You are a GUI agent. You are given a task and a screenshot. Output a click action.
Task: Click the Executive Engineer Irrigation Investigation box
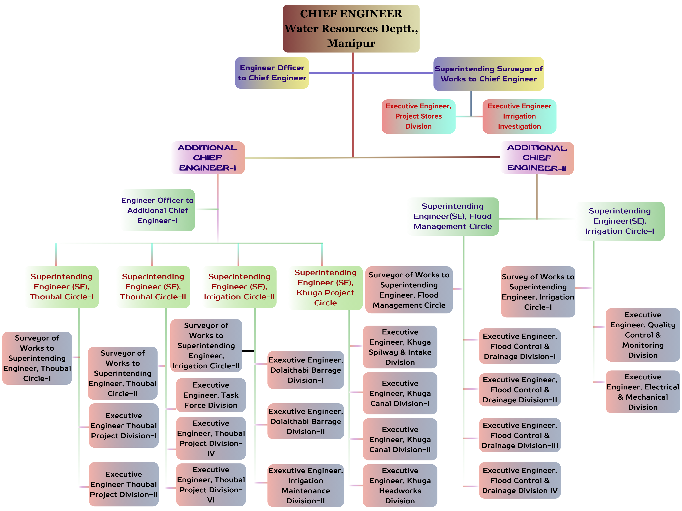519,116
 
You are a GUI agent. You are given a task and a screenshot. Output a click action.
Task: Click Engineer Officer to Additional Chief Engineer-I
158,210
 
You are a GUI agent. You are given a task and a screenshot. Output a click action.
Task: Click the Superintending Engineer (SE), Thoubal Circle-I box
62,287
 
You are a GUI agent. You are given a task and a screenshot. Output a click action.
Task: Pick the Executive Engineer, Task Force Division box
211,395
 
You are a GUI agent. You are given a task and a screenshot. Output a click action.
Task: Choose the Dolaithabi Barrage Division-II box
305,421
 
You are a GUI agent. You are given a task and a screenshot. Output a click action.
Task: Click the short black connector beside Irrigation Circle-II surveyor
248,351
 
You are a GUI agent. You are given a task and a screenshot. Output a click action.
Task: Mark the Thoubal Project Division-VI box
211,485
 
